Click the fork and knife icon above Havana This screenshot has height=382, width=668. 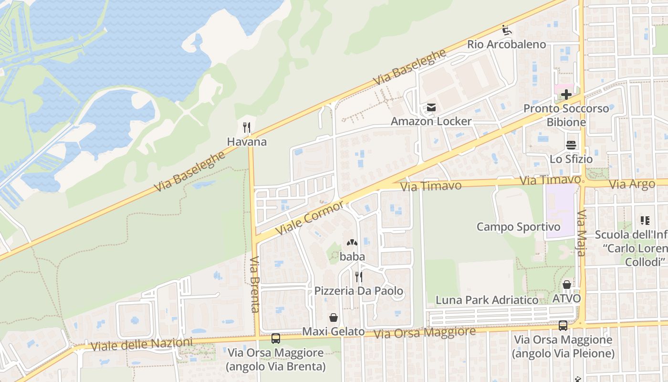(x=247, y=127)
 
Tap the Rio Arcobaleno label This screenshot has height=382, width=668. (x=506, y=44)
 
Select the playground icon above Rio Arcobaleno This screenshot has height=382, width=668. (x=507, y=30)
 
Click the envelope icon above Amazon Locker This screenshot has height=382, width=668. (x=431, y=107)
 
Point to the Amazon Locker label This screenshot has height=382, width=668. (x=431, y=121)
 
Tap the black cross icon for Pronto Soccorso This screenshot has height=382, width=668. (x=566, y=95)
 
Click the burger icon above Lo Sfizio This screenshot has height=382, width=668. (x=571, y=145)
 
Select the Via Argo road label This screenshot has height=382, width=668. (x=633, y=184)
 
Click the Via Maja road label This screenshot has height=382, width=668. (x=581, y=233)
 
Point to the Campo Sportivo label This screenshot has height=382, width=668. (x=519, y=227)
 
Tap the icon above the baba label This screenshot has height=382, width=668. (x=352, y=243)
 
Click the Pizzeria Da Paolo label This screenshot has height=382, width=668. (x=358, y=291)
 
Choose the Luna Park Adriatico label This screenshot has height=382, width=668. (x=487, y=300)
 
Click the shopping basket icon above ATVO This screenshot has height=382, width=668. (x=567, y=285)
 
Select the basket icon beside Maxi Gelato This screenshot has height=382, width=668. (x=334, y=318)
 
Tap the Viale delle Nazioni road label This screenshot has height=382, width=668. (x=141, y=345)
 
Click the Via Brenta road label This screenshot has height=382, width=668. (x=255, y=284)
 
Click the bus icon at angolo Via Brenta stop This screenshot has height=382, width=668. (x=276, y=339)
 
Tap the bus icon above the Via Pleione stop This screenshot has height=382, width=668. (x=563, y=326)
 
